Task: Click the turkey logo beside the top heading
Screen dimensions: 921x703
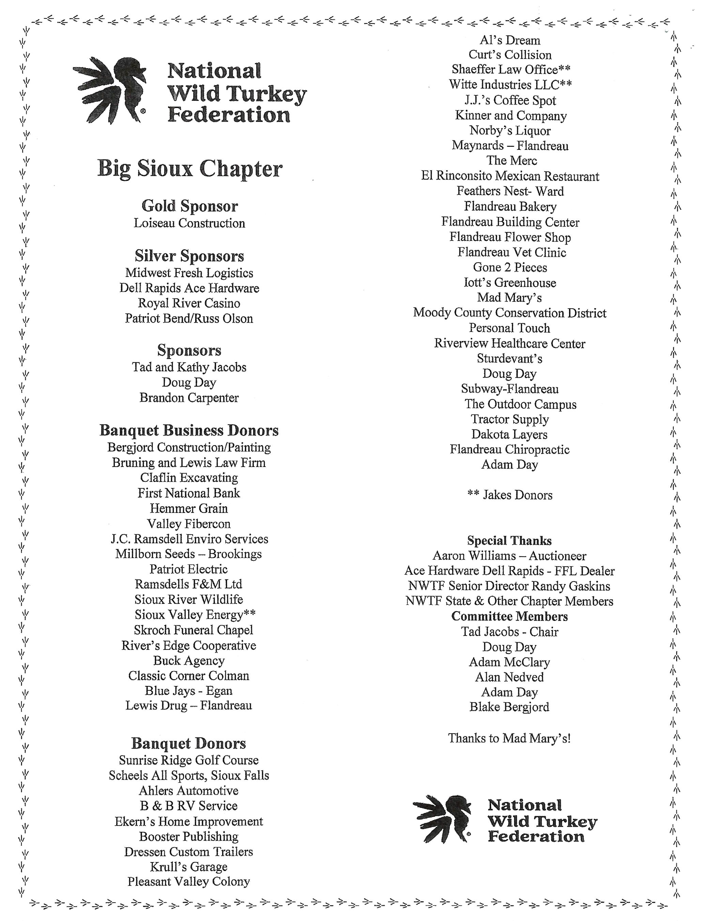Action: pyautogui.click(x=110, y=90)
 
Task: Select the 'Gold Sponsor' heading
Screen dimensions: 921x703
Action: pyautogui.click(x=189, y=206)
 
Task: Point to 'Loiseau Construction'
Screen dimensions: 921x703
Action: pyautogui.click(x=189, y=223)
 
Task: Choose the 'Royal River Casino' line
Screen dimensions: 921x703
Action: pyautogui.click(x=189, y=303)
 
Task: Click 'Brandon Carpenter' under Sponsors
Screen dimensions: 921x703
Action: pyautogui.click(x=189, y=398)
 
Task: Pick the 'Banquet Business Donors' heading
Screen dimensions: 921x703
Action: pyautogui.click(x=189, y=431)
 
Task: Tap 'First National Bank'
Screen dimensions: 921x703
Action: pyautogui.click(x=189, y=493)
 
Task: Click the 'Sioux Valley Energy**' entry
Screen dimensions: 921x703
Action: pyautogui.click(x=195, y=615)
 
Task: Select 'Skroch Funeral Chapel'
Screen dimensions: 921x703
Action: pyautogui.click(x=193, y=630)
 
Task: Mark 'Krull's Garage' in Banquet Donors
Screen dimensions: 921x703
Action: pyautogui.click(x=189, y=867)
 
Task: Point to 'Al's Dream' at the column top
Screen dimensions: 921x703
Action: pyautogui.click(x=510, y=40)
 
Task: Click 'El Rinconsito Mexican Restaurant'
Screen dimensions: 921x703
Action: pyautogui.click(x=510, y=176)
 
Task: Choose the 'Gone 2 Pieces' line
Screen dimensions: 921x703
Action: pyautogui.click(x=510, y=267)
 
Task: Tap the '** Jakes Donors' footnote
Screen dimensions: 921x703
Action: pyautogui.click(x=510, y=495)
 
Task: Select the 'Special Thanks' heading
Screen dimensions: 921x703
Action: pyautogui.click(x=509, y=541)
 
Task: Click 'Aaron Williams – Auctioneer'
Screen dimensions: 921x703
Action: pyautogui.click(x=509, y=556)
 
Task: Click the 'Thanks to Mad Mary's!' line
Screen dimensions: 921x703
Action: pyautogui.click(x=509, y=738)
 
